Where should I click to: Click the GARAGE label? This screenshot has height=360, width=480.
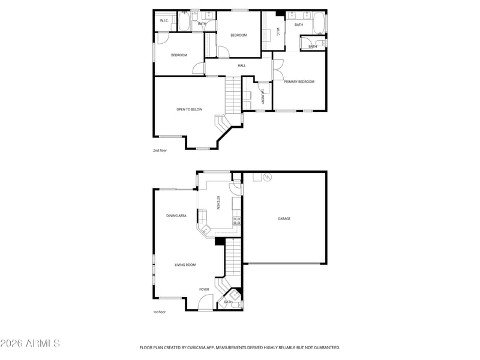point(284,218)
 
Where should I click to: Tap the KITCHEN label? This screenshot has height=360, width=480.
point(218,203)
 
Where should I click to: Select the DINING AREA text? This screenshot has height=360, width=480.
point(176,215)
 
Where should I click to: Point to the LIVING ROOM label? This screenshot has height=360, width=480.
point(185,265)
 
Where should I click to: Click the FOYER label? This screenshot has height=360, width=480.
point(204,289)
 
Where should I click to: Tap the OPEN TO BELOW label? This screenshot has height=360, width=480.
point(189,109)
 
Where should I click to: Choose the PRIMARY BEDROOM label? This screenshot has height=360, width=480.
point(299,82)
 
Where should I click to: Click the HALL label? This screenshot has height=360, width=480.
point(242,65)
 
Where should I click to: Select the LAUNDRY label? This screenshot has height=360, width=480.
point(263,97)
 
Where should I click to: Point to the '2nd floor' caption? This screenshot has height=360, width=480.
point(160,151)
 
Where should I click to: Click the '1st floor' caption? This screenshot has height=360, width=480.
point(160,312)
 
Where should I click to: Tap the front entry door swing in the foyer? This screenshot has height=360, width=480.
point(205,302)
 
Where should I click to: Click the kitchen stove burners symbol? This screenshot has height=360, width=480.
point(236,221)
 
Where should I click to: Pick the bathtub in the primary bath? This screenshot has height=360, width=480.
point(319,23)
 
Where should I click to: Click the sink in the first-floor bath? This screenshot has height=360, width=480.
point(235,295)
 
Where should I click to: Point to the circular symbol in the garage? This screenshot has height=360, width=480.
point(267,177)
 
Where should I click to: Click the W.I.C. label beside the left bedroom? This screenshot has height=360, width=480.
point(164,20)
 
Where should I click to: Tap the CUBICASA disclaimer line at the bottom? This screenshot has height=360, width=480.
point(240,347)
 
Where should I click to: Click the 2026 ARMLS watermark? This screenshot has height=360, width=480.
point(30,343)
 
